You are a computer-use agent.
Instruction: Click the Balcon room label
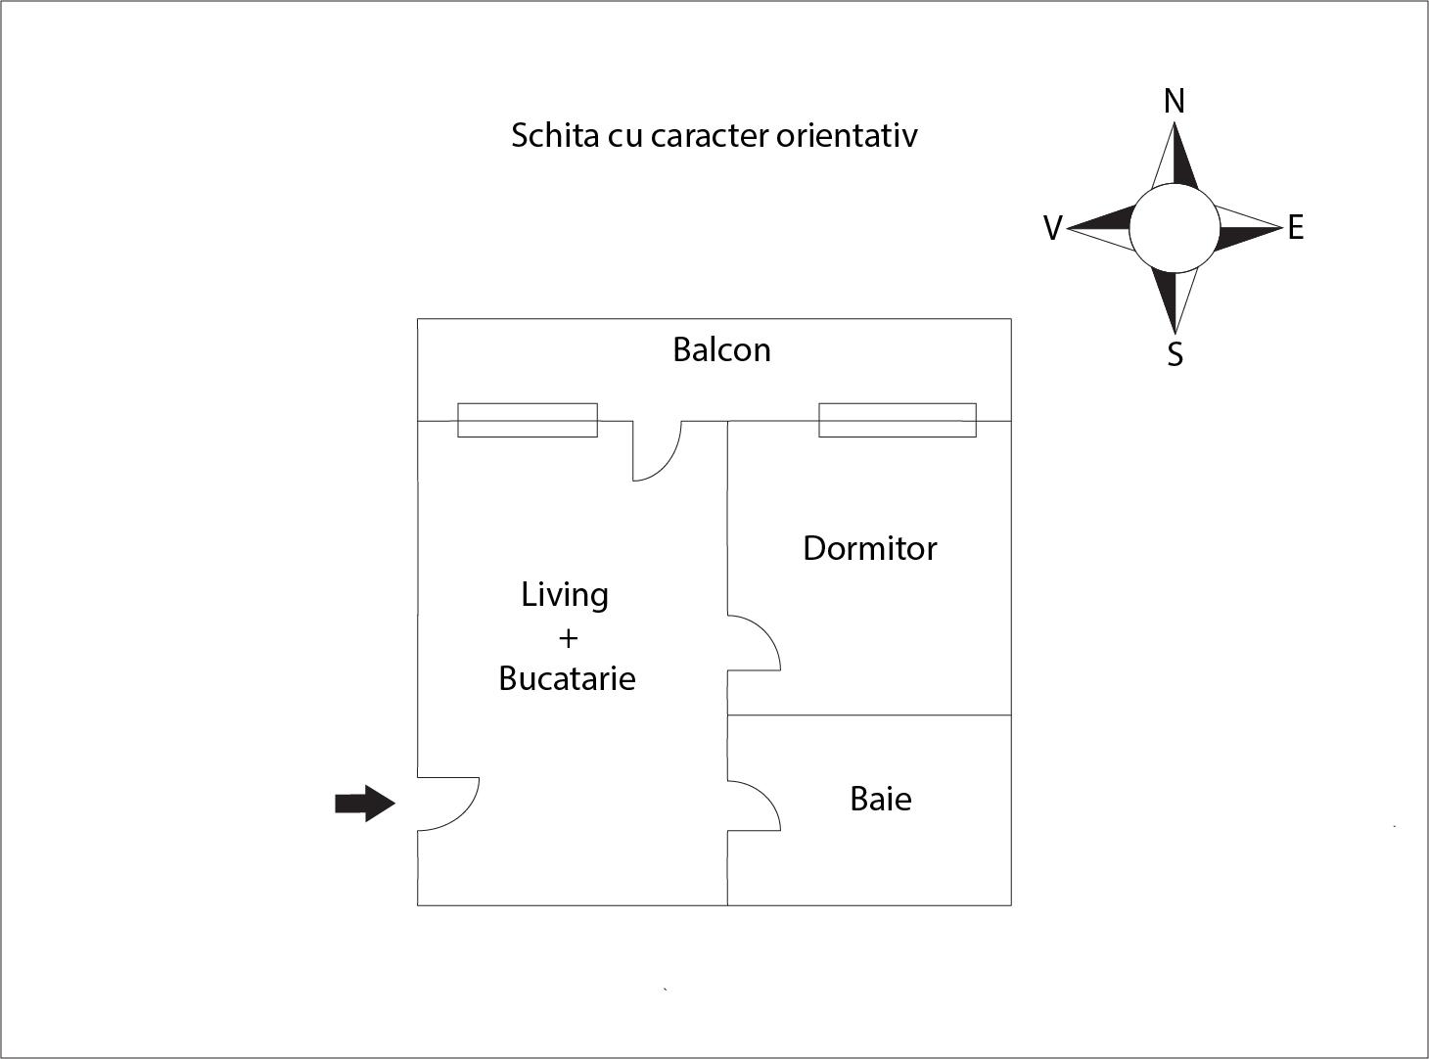[721, 350]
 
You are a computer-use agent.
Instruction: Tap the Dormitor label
[869, 548]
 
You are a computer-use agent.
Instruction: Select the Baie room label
[881, 799]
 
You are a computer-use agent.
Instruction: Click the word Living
[565, 595]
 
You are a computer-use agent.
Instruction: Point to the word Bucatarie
[567, 678]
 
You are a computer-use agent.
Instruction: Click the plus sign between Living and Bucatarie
[568, 638]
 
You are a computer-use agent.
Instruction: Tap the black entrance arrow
[365, 804]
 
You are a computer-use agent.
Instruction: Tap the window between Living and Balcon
[528, 420]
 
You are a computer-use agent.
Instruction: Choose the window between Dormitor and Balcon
[898, 420]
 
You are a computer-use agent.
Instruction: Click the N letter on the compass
[1175, 101]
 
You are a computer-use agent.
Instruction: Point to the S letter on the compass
[1175, 354]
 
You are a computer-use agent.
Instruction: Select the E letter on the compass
[1296, 228]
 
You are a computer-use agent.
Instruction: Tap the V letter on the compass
[1052, 228]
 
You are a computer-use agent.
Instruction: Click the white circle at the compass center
[1175, 228]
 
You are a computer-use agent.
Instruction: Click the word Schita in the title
[554, 135]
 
